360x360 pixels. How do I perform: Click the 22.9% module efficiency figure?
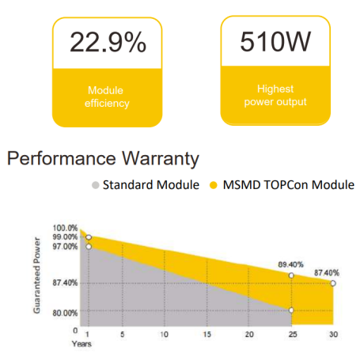pyautogui.click(x=108, y=42)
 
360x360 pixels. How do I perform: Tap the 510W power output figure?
pyautogui.click(x=275, y=41)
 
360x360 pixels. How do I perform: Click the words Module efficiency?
pyautogui.click(x=107, y=97)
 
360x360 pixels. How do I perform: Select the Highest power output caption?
pyautogui.click(x=275, y=96)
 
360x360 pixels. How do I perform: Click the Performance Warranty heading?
pyautogui.click(x=103, y=159)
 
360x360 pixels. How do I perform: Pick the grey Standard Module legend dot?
pyautogui.click(x=96, y=185)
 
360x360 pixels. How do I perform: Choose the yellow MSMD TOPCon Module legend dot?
pyautogui.click(x=213, y=185)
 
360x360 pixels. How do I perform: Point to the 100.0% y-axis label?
pyautogui.click(x=65, y=228)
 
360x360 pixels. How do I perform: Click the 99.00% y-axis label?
pyautogui.click(x=65, y=237)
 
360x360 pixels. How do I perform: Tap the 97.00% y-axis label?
pyautogui.click(x=65, y=247)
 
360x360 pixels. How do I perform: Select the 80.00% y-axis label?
pyautogui.click(x=65, y=313)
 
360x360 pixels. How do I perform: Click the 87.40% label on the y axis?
pyautogui.click(x=65, y=283)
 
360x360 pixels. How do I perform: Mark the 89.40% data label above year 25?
pyautogui.click(x=291, y=264)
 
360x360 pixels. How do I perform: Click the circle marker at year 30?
pyautogui.click(x=333, y=283)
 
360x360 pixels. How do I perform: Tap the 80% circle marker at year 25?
pyautogui.click(x=291, y=310)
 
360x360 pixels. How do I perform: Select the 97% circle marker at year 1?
pyautogui.click(x=89, y=247)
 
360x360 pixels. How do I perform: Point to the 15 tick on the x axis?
pyautogui.click(x=207, y=335)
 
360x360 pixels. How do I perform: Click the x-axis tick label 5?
pyautogui.click(x=123, y=335)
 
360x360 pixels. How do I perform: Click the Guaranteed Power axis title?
pyautogui.click(x=37, y=275)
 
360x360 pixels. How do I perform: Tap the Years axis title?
pyautogui.click(x=81, y=344)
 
